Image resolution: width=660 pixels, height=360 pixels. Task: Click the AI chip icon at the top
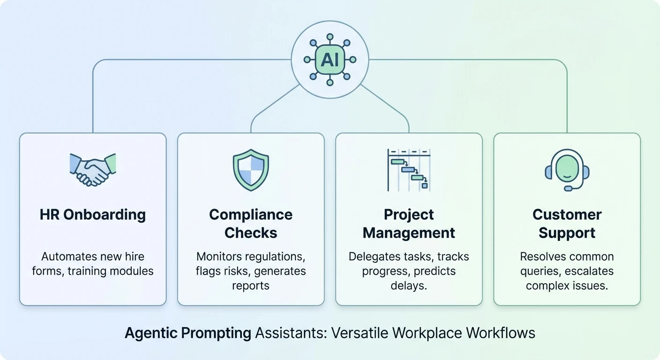(330, 60)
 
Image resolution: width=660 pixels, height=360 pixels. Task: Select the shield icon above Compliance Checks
(251, 170)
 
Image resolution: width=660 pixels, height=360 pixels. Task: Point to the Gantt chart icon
(409, 170)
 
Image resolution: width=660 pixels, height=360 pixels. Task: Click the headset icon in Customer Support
(567, 170)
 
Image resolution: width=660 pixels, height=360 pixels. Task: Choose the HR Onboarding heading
(93, 215)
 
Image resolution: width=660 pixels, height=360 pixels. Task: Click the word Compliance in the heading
(251, 215)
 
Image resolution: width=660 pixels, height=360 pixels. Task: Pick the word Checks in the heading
(251, 233)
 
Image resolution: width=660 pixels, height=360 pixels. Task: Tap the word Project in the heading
(409, 215)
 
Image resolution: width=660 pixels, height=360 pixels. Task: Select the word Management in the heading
(409, 233)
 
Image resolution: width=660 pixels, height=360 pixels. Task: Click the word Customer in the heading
(567, 215)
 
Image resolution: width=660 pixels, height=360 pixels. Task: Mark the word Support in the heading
(567, 233)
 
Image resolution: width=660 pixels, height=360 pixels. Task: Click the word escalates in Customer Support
(590, 271)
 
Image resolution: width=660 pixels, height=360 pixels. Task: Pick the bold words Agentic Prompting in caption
(188, 333)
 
